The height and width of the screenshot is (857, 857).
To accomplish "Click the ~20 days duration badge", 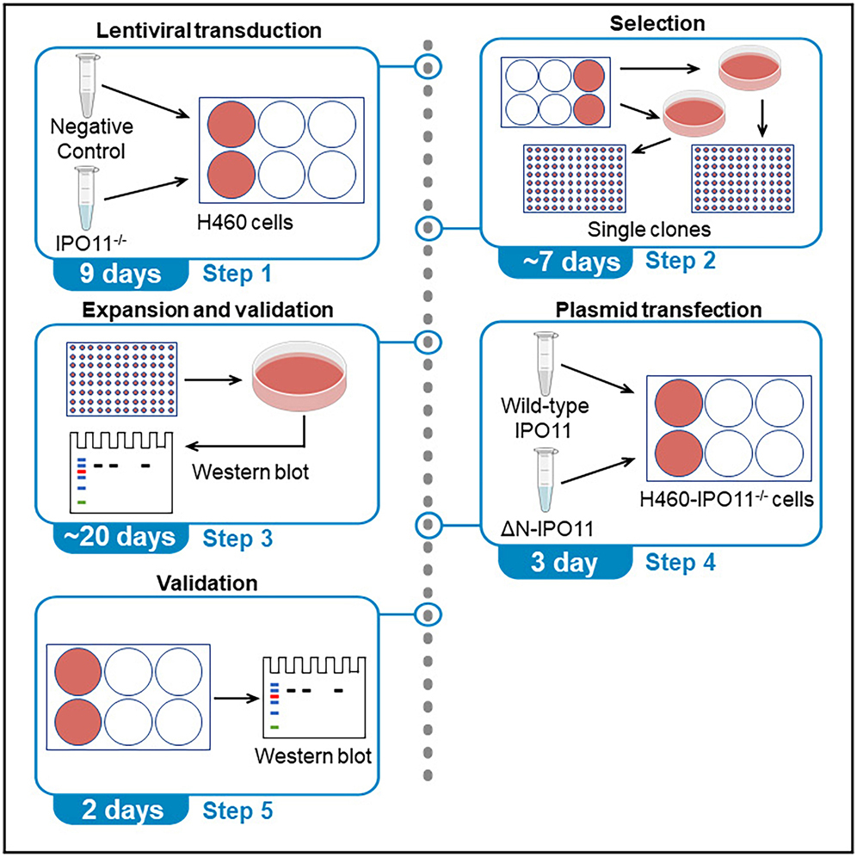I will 120,537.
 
